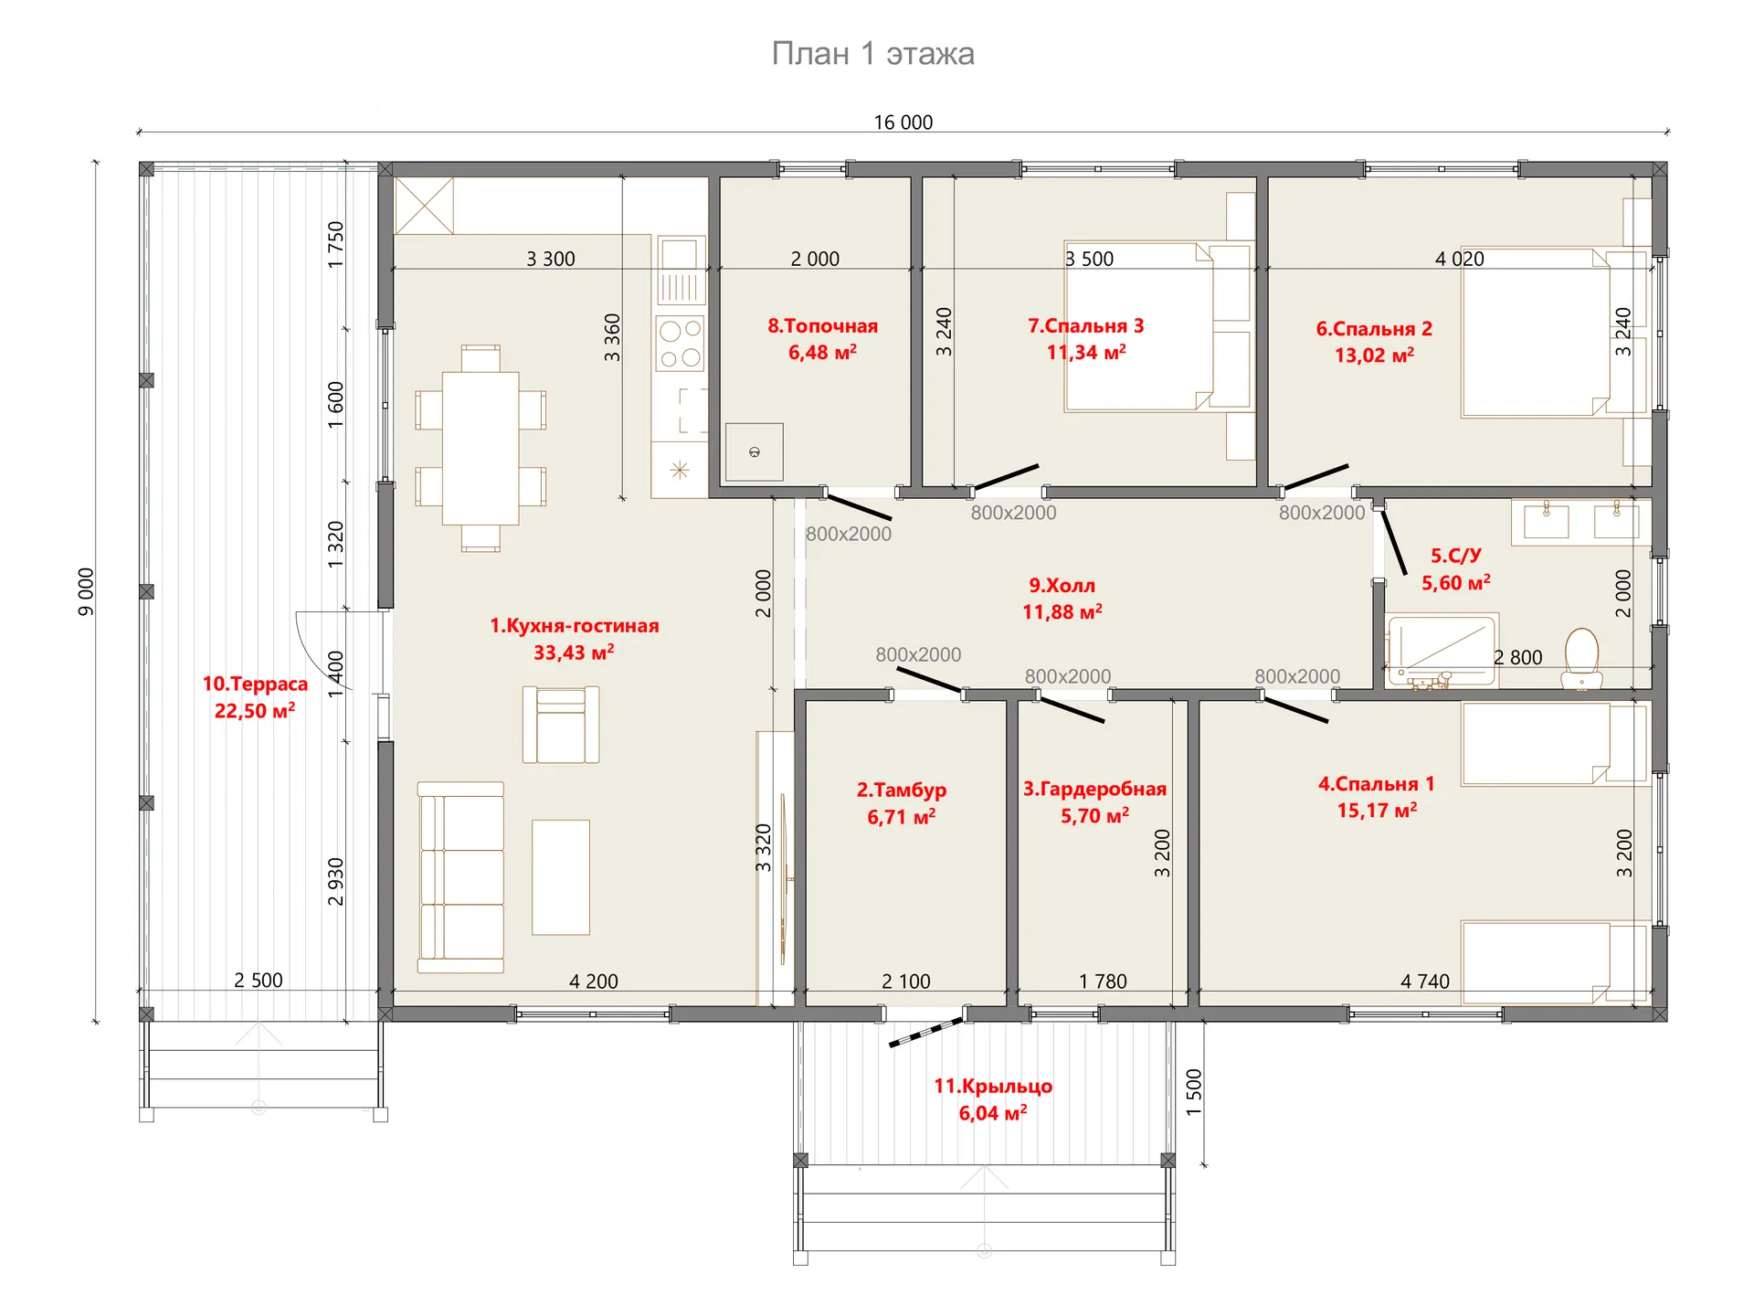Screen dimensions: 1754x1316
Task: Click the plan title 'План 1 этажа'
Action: [872, 54]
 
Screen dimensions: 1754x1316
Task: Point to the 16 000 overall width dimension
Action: [903, 122]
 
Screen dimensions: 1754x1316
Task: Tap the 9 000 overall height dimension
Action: [85, 592]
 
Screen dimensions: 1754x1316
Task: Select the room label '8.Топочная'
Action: [822, 326]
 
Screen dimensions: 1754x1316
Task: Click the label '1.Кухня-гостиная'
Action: [574, 626]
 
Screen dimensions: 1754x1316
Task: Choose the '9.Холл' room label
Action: [1062, 586]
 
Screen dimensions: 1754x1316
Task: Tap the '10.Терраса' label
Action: [255, 684]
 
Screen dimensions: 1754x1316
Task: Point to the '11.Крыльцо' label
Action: [993, 1087]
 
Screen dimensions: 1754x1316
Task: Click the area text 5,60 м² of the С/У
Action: [1455, 582]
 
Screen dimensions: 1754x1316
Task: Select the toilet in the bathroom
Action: [1581, 659]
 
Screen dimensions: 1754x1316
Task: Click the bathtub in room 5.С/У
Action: [1441, 650]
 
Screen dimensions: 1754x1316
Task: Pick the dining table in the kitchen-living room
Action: [481, 448]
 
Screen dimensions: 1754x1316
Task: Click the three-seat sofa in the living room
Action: [460, 877]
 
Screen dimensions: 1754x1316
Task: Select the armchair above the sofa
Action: [561, 725]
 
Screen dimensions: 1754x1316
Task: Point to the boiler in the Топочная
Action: [754, 451]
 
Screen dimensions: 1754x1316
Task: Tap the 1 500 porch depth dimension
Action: [1194, 1092]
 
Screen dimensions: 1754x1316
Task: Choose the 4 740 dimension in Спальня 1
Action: [1425, 982]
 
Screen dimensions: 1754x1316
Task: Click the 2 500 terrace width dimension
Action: [259, 981]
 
